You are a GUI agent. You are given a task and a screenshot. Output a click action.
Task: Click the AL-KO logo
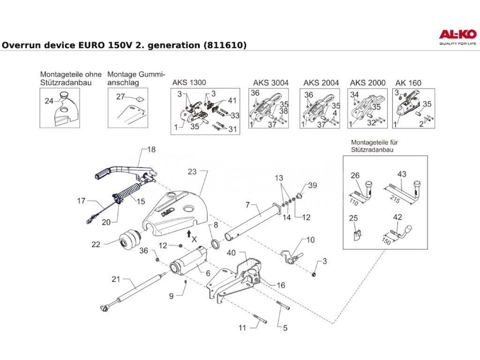[457, 35]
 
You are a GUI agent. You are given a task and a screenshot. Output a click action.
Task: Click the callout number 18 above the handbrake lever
[151, 150]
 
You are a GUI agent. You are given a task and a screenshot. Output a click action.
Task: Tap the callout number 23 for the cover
[193, 172]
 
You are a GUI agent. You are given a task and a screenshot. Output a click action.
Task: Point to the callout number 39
[313, 186]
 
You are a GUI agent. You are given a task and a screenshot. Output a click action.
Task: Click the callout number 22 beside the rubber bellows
[96, 244]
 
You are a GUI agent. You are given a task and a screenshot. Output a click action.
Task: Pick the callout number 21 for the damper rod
[116, 279]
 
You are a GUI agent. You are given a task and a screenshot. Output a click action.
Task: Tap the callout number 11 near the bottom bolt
[242, 328]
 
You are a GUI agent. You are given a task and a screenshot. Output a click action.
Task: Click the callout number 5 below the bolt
[285, 328]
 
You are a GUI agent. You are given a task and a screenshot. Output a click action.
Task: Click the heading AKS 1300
[189, 83]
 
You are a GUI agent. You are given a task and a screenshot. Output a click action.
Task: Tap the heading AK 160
[408, 83]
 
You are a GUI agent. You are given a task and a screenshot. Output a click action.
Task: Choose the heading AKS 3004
[271, 83]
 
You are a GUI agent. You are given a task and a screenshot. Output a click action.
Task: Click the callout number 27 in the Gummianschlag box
[120, 97]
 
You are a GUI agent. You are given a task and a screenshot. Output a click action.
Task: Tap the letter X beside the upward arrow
[195, 239]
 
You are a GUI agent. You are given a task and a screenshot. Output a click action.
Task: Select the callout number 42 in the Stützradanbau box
[397, 217]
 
